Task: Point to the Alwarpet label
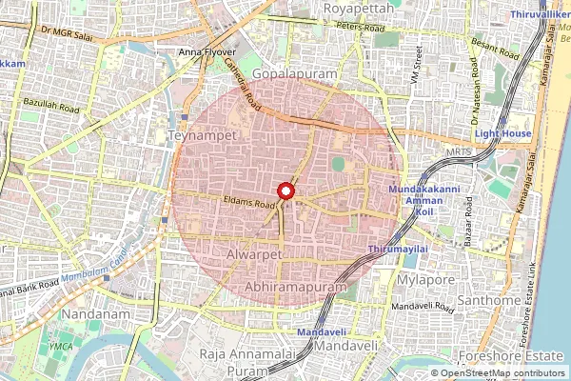click(x=255, y=256)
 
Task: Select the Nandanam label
click(x=95, y=313)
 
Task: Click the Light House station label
click(x=503, y=134)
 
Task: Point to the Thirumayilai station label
click(x=392, y=249)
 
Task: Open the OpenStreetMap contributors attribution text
click(x=503, y=372)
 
